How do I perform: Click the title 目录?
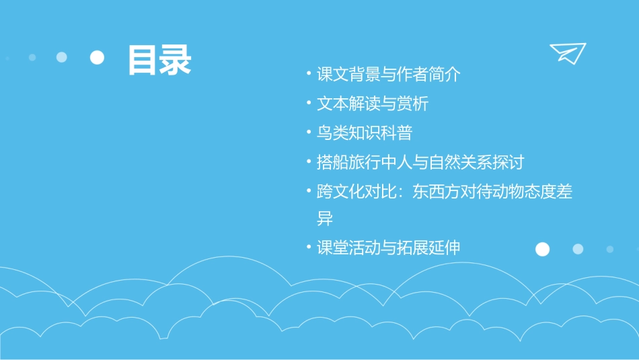[159, 60]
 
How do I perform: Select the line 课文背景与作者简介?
[389, 75]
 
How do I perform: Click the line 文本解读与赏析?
[373, 104]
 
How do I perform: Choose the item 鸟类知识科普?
[365, 133]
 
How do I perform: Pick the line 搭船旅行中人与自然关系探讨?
[420, 162]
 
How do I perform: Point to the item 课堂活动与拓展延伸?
[389, 248]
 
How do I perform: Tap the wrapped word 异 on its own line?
[325, 219]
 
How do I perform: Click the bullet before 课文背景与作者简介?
[308, 74]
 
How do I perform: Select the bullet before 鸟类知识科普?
[308, 133]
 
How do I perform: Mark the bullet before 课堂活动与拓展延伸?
[308, 247]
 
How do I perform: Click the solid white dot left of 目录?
[98, 58]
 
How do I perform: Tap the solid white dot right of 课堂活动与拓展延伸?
[542, 250]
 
